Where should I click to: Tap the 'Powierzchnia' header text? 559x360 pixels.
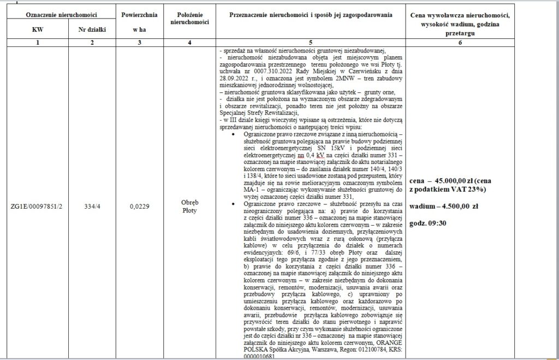tap(140, 12)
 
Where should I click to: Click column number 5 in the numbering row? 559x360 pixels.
tap(311, 43)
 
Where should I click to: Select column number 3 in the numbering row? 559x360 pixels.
tap(140, 43)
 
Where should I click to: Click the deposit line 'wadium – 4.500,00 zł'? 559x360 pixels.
tap(443, 207)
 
